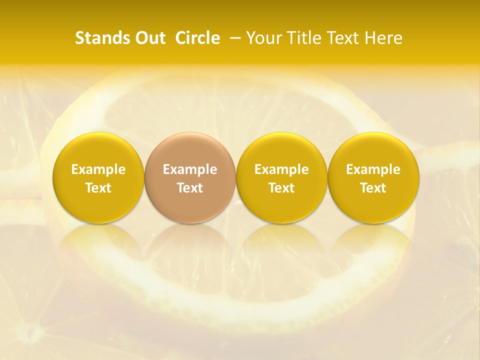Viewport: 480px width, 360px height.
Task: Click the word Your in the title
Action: point(263,38)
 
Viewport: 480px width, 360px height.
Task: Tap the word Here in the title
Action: point(383,38)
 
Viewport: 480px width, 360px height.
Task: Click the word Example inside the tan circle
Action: point(190,169)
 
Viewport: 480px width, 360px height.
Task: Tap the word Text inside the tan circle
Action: point(190,188)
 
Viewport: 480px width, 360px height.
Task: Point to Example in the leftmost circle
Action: point(98,169)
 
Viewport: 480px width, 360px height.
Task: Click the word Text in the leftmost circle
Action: point(98,188)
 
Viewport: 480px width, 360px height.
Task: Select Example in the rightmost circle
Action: point(373,169)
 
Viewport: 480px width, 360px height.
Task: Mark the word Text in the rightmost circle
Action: point(373,188)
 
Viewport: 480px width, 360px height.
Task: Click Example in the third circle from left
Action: point(281,169)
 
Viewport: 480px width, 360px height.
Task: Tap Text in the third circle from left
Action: point(281,188)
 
